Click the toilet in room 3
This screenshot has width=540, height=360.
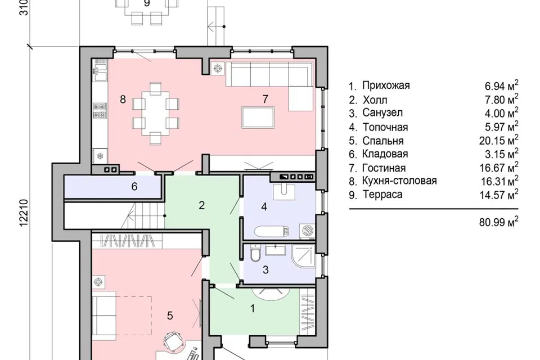point(255,253)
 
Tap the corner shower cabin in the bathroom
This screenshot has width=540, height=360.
point(303,256)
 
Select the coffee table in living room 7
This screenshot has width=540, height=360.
point(258,118)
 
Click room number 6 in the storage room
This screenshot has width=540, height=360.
point(134,186)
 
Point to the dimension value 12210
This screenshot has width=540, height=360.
point(24,213)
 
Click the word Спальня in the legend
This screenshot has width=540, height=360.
point(382,141)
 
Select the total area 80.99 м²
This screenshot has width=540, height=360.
point(499,221)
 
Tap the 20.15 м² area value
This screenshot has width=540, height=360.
point(499,139)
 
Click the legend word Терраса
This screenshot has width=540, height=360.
point(382,194)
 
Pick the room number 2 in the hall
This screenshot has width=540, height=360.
point(202,205)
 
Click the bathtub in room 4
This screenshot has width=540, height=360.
point(271,231)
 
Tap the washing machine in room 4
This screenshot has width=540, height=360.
point(307,230)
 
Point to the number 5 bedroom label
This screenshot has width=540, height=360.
point(170,316)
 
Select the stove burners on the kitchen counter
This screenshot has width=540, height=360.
point(100,111)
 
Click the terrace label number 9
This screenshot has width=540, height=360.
point(147,3)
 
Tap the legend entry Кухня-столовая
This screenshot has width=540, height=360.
point(399,181)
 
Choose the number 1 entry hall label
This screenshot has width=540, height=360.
point(253,308)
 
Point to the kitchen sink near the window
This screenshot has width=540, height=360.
point(100,73)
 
